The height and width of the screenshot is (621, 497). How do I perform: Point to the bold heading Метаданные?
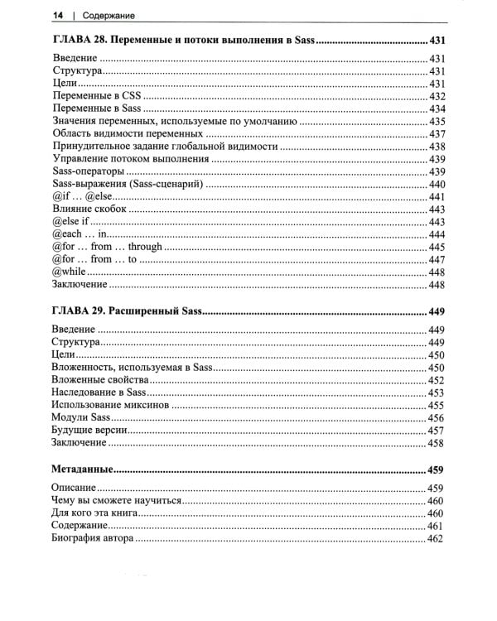point(83,468)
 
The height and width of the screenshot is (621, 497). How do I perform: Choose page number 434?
point(437,109)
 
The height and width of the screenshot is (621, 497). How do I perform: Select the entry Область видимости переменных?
point(128,134)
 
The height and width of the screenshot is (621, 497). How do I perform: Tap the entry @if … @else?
point(81,197)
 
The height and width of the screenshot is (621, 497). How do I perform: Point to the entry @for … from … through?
point(106,248)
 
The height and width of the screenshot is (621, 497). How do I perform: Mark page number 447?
point(437,260)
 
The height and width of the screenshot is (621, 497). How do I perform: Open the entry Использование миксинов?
point(109,406)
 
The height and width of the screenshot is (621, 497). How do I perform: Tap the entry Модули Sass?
point(81,418)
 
